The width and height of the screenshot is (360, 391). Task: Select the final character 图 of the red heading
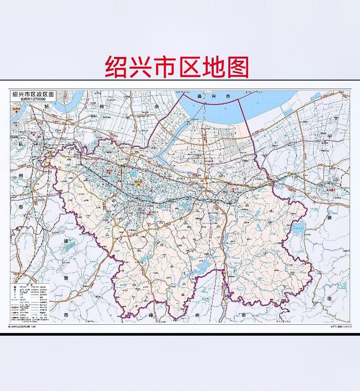coord(237,67)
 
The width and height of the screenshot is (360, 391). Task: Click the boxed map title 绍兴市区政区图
coord(33,94)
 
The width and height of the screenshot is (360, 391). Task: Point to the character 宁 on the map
coord(330,136)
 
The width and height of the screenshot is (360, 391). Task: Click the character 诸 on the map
coord(65,241)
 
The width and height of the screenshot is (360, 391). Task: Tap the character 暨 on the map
coord(65,278)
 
